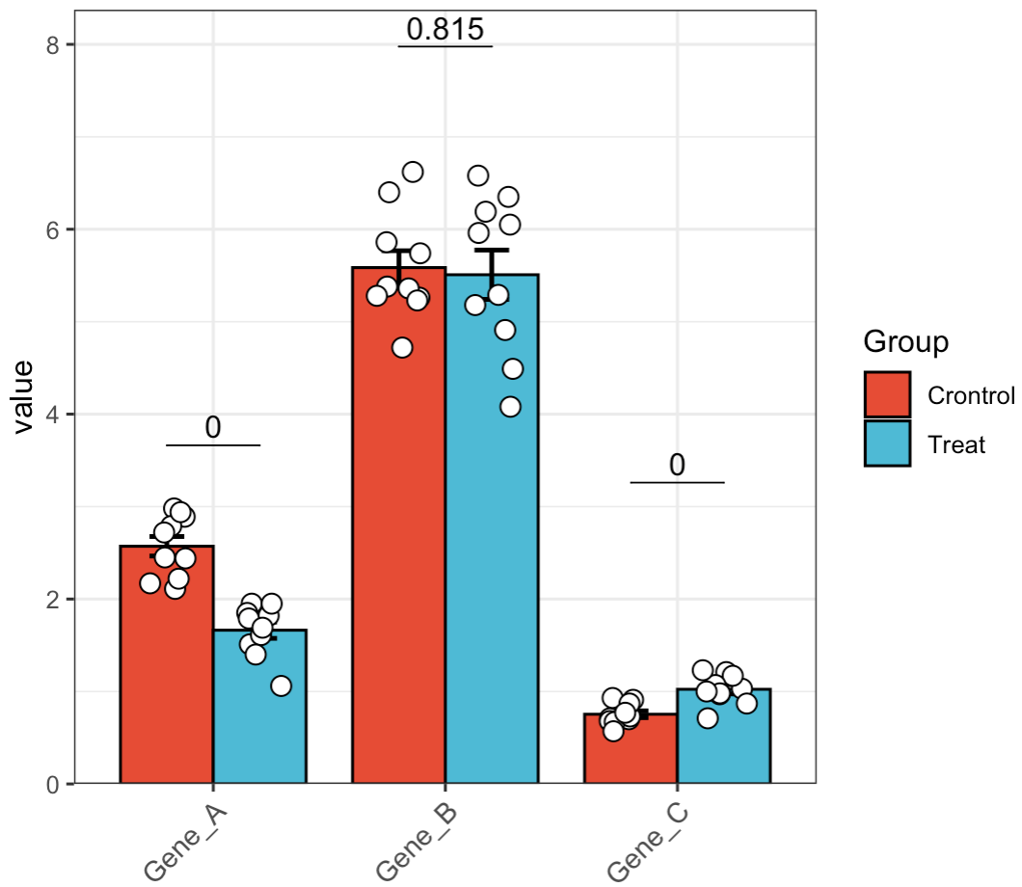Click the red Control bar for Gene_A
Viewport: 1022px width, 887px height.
pyautogui.click(x=166, y=675)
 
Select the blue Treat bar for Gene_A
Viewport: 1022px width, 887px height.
pyautogui.click(x=259, y=713)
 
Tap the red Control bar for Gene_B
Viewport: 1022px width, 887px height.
pyautogui.click(x=398, y=540)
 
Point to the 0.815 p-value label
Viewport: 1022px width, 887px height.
pyautogui.click(x=444, y=29)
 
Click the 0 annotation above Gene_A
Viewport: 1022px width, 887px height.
pyautogui.click(x=213, y=428)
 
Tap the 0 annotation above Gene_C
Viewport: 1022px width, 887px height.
pyautogui.click(x=677, y=466)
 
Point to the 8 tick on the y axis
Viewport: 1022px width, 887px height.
pyautogui.click(x=54, y=45)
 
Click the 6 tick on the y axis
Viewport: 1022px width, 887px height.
pyautogui.click(x=54, y=229)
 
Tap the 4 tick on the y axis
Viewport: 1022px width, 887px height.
pyautogui.click(x=54, y=415)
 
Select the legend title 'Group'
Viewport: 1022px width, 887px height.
pyautogui.click(x=905, y=341)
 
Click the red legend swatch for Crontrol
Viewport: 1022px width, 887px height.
pyautogui.click(x=887, y=395)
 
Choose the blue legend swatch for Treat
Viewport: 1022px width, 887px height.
pyautogui.click(x=887, y=443)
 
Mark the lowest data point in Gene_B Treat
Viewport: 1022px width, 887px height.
pyautogui.click(x=510, y=407)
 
